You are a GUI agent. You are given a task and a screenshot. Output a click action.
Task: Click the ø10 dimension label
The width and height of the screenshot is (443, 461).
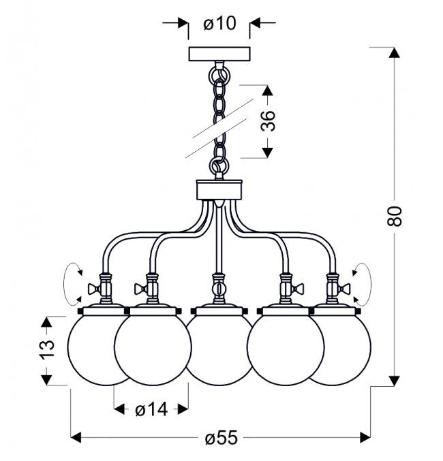(x=219, y=23)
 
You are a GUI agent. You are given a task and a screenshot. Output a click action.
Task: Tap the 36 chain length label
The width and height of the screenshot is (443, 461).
(x=268, y=121)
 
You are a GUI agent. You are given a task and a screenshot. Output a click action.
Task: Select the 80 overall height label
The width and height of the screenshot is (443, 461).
(x=394, y=216)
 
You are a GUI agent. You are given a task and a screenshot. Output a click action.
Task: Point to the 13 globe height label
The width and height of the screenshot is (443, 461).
(x=47, y=349)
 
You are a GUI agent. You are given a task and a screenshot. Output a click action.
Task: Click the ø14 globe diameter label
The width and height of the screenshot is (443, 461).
(x=151, y=409)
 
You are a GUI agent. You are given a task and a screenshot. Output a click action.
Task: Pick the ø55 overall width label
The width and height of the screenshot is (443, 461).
(x=221, y=438)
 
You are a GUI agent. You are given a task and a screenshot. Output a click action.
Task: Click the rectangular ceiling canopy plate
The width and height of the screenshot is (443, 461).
(x=219, y=54)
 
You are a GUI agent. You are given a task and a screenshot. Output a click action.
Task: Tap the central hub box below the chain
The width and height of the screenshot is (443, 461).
(x=219, y=190)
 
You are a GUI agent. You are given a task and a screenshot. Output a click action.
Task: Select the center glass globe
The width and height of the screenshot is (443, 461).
(x=219, y=350)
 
